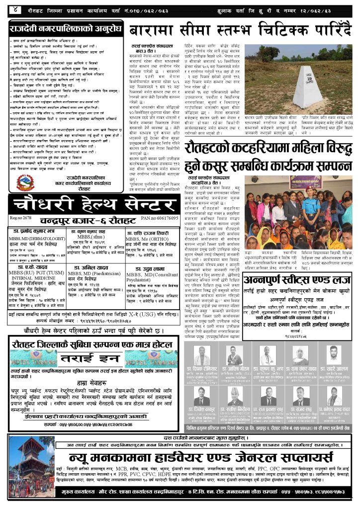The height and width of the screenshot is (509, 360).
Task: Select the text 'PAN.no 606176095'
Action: pyautogui.click(x=159, y=218)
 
